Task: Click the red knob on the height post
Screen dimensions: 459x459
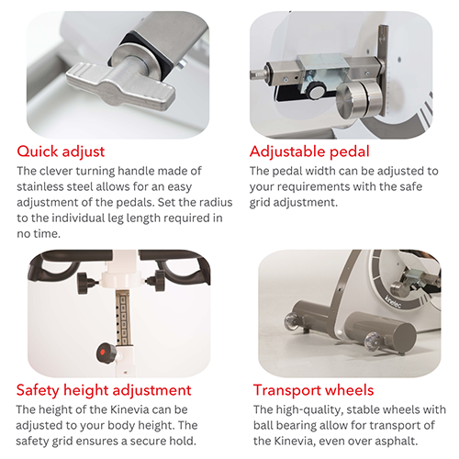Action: click(101, 351)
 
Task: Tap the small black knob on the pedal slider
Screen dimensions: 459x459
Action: click(315, 91)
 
